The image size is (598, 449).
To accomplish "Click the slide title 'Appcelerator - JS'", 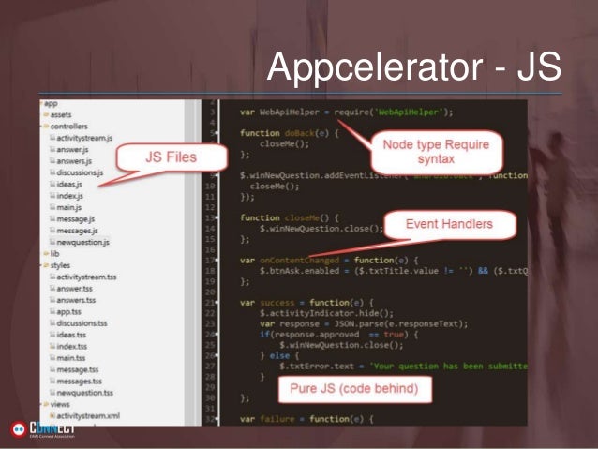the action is pyautogui.click(x=413, y=67).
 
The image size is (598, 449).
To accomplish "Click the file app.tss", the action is pyautogui.click(x=68, y=311).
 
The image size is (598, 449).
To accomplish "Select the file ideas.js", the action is pyautogui.click(x=69, y=184).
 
